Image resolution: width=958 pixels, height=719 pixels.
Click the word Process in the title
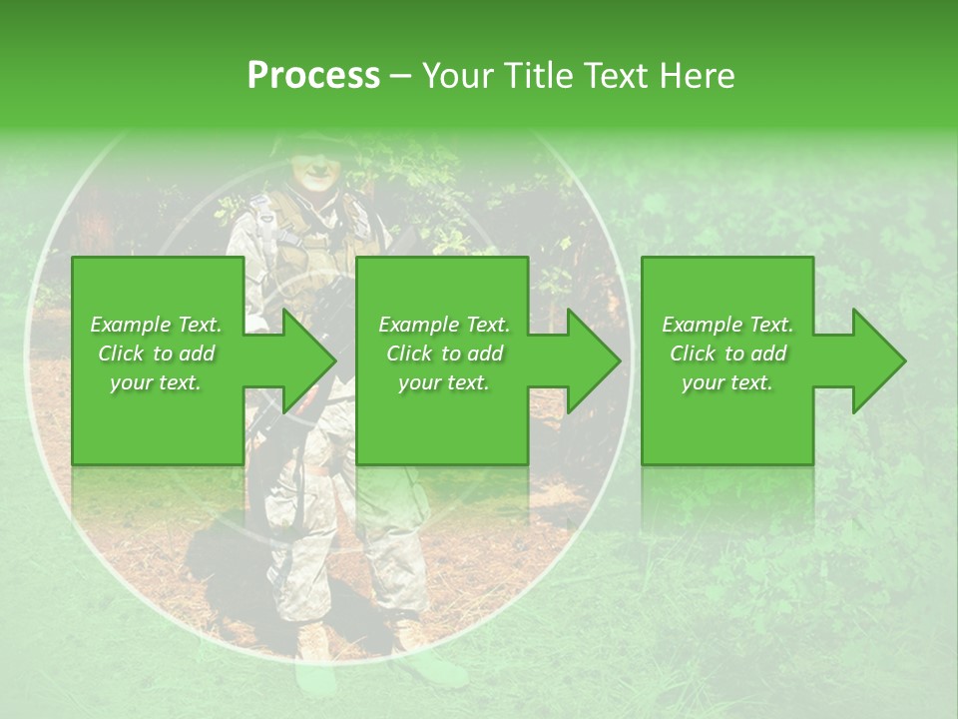[x=313, y=76]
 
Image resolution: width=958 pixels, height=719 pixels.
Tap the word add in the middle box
[x=484, y=354]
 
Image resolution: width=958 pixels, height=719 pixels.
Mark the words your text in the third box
[x=727, y=382]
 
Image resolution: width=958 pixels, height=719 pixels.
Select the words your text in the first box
[x=155, y=382]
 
